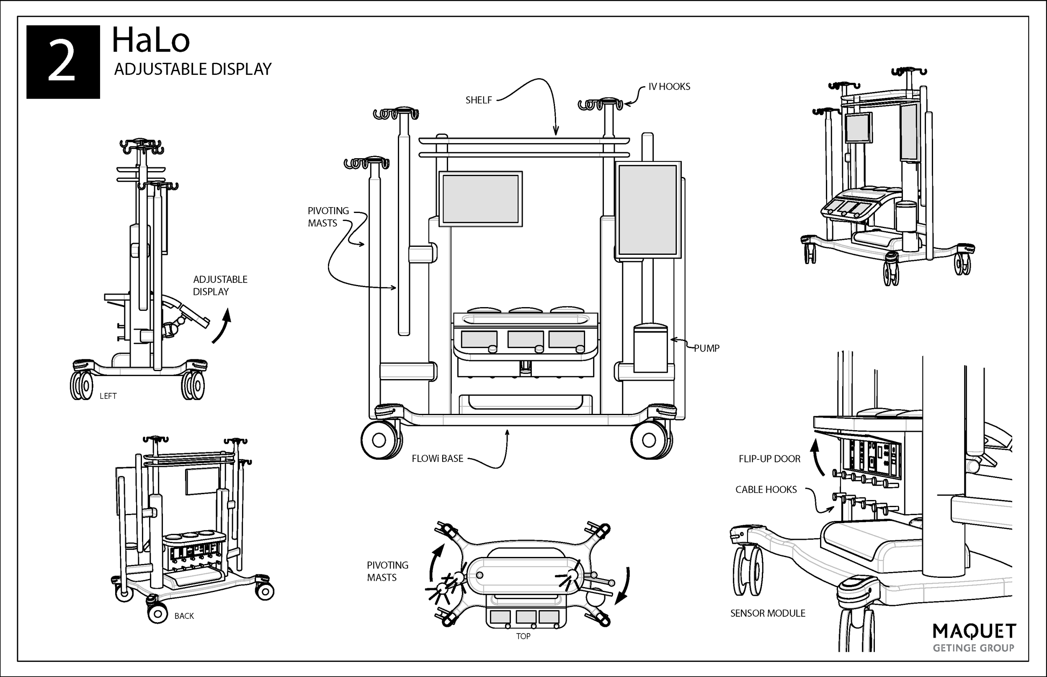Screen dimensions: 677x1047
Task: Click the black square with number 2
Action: (63, 62)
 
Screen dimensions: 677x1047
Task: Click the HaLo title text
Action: (150, 41)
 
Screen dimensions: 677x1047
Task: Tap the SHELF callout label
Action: (479, 100)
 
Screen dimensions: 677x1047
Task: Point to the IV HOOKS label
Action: (669, 87)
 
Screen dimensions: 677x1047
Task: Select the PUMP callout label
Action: (707, 348)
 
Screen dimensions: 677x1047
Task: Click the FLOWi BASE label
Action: (437, 459)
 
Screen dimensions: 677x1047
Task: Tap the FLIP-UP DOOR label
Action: (769, 459)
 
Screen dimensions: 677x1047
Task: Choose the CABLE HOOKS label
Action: (766, 489)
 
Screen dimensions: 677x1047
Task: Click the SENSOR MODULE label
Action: (768, 613)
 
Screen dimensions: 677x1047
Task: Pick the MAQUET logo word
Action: (974, 632)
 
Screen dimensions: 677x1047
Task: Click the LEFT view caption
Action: (108, 396)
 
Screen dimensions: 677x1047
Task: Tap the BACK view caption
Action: (184, 616)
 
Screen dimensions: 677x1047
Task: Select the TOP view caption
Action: (523, 636)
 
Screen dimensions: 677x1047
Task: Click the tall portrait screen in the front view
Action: (647, 210)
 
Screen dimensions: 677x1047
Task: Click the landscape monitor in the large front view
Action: (480, 199)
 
